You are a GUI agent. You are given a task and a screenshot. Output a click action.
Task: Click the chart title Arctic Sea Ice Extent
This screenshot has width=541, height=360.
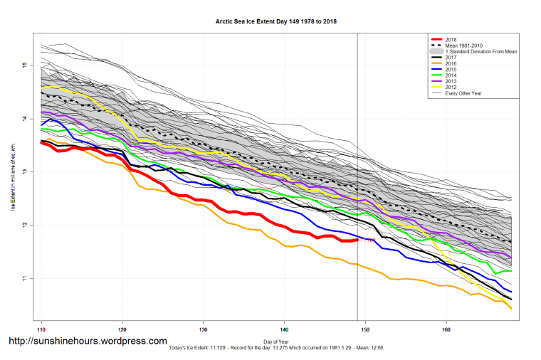275,21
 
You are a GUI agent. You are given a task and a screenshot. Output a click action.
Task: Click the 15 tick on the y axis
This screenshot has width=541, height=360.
24,65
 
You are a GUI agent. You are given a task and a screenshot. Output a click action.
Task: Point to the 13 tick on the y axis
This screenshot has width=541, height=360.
24,171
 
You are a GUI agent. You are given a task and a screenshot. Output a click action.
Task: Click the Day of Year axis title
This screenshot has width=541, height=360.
275,342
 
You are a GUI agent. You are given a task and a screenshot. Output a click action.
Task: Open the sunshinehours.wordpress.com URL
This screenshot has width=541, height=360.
88,342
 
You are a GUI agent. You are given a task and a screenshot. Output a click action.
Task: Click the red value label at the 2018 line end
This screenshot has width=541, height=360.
368,240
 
